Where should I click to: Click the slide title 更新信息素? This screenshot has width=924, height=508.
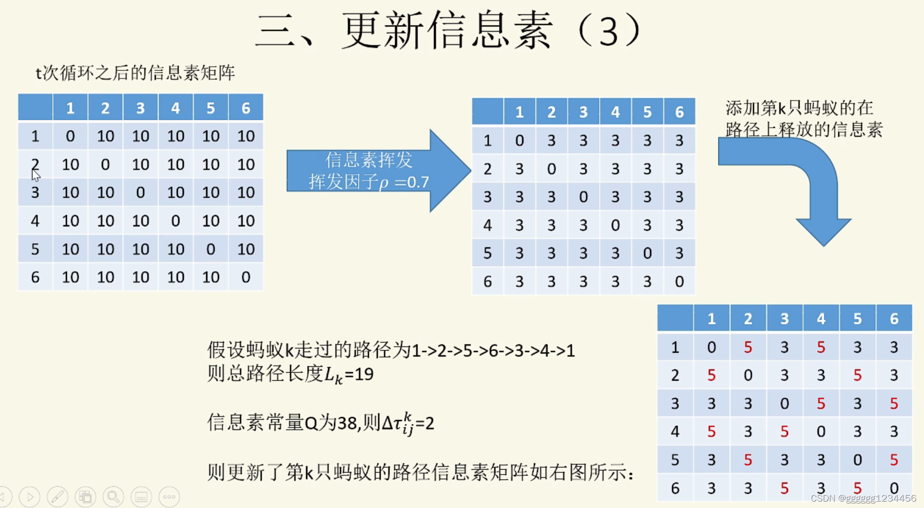coord(447,30)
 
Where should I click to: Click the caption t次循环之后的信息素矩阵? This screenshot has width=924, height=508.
coord(135,73)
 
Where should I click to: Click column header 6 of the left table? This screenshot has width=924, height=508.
coord(245,108)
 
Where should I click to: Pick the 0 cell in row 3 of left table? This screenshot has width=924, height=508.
coord(141,193)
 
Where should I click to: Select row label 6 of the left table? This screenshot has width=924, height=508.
coord(35,277)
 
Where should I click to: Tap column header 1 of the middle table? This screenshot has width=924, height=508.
coord(519,112)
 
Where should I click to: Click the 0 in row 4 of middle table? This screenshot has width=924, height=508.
coord(615,225)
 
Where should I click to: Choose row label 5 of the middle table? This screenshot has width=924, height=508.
coord(487,253)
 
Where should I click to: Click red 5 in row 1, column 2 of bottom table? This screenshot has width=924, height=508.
coord(748,347)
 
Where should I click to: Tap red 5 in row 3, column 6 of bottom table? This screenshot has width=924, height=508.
coord(894,404)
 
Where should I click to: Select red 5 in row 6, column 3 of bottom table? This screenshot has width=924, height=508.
coord(784,488)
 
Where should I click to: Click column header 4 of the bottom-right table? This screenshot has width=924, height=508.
coord(821,319)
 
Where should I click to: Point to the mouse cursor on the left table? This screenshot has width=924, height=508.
coord(35,175)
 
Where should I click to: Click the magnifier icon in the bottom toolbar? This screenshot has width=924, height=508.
coord(113,497)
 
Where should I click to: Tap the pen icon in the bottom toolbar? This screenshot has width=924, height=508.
coord(57,497)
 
